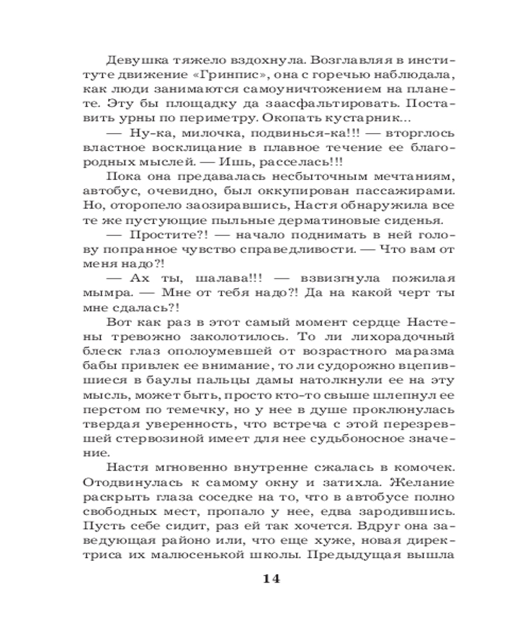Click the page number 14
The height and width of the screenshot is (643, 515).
click(x=271, y=578)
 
